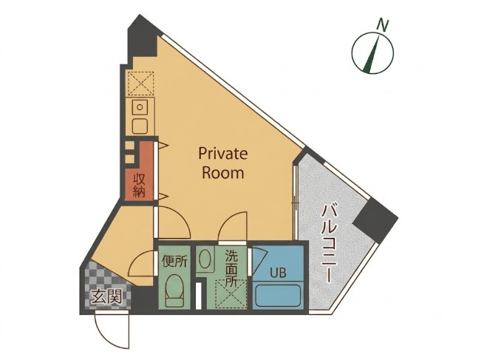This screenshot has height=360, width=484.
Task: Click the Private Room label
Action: (x=223, y=163)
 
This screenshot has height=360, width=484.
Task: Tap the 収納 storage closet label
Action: (x=139, y=186)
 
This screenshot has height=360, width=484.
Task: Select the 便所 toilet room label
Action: (x=174, y=262)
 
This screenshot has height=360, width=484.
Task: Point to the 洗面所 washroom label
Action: (x=231, y=268)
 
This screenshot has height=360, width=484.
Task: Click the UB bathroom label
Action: (x=278, y=273)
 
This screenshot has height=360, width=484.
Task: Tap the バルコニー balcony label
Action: (x=329, y=244)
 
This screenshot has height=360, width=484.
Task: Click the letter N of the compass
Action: (x=383, y=25)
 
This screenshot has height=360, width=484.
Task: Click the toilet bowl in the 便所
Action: (x=174, y=291)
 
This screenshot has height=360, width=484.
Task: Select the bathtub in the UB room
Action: (x=279, y=296)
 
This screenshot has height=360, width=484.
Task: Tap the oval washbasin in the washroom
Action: (x=205, y=259)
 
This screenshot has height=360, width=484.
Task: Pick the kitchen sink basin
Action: (x=140, y=126)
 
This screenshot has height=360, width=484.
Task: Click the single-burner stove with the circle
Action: (x=140, y=107)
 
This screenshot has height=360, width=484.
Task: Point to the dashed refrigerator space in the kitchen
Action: (x=140, y=84)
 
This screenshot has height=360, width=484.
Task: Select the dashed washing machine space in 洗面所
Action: (x=231, y=293)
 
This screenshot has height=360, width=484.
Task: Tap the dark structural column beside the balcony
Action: (x=375, y=218)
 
